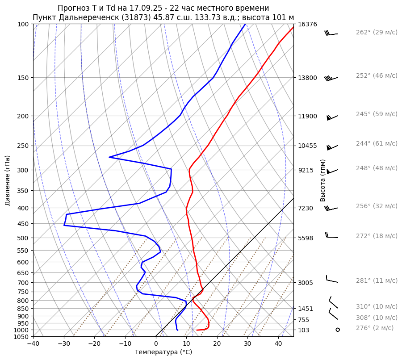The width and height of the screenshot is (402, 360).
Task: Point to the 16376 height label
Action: pos(307,24)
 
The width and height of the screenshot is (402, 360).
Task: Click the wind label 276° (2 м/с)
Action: pos(375,328)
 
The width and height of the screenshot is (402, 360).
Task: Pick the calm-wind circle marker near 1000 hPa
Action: pos(338,330)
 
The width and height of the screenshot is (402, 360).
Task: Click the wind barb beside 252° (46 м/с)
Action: pos(331,78)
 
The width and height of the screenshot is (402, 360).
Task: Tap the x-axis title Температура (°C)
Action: pos(163,352)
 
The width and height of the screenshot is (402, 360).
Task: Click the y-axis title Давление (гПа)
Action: pos(8,180)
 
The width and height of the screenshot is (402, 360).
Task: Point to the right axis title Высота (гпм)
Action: pos(323,180)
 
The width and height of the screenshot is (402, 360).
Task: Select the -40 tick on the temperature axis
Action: pos(33,344)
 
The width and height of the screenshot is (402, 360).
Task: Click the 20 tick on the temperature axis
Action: pos(217,344)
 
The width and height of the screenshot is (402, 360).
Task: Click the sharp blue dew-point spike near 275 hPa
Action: pos(110,157)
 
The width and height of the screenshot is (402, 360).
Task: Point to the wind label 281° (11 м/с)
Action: pos(377,281)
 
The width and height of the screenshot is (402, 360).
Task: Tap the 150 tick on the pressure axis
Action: pos(24,78)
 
